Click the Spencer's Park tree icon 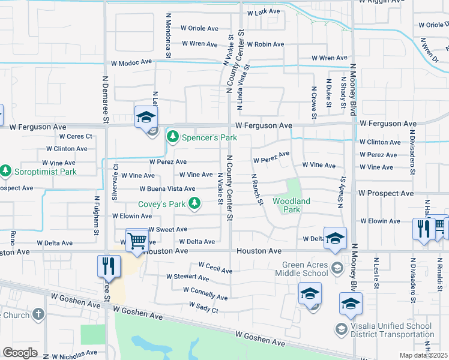[x=173, y=137]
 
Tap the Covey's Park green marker [x=194, y=205]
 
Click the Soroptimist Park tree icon [x=5, y=172]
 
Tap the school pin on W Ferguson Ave [x=145, y=118]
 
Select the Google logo [x=20, y=353]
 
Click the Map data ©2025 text [x=424, y=355]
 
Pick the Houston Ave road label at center [x=259, y=251]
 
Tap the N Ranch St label [x=256, y=190]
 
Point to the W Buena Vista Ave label [x=167, y=189]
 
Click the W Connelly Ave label [x=205, y=293]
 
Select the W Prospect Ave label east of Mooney [x=386, y=194]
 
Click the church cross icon [x=38, y=314]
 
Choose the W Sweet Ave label [x=167, y=229]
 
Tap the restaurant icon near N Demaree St [x=108, y=266]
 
